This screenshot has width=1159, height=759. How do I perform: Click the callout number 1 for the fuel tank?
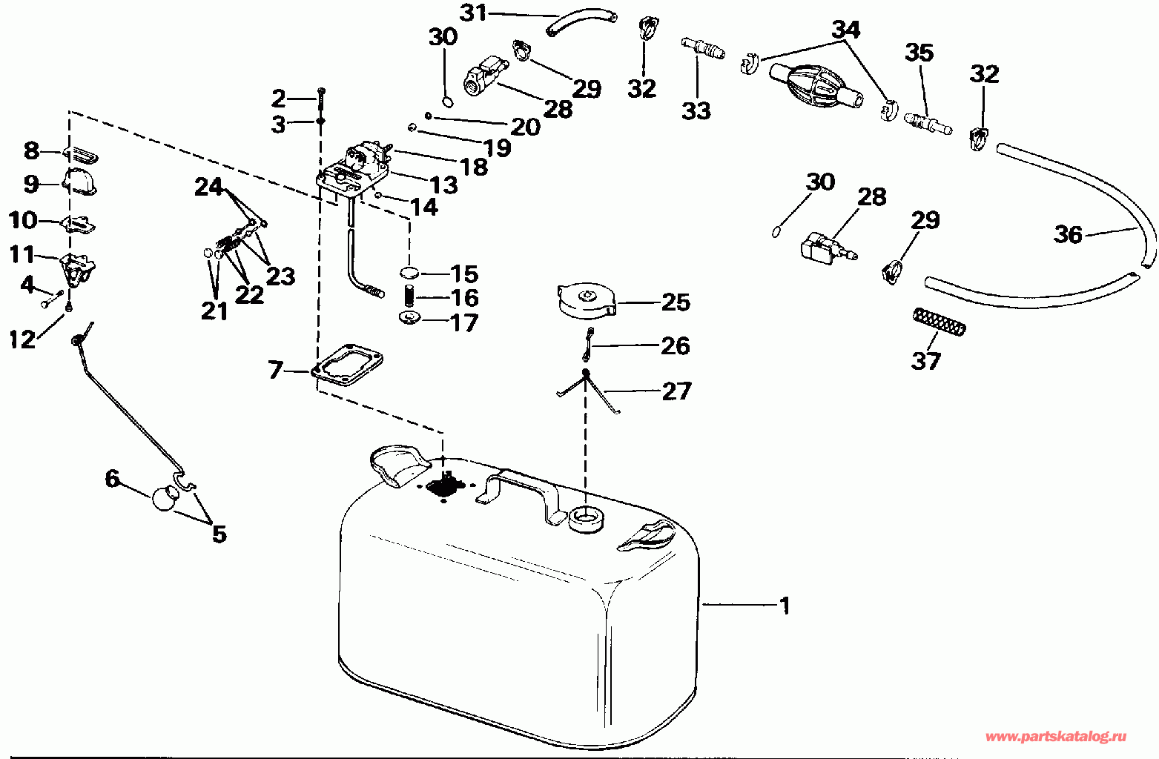coord(784,606)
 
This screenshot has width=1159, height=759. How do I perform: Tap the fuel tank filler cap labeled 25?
coord(585,301)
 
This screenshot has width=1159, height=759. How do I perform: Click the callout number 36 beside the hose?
coord(1069,234)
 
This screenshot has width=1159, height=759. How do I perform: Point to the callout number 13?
coord(444,185)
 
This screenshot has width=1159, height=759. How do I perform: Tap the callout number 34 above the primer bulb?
coord(845,30)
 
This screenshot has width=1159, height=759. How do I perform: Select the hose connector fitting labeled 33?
coord(702,50)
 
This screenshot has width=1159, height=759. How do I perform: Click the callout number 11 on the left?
coord(22,254)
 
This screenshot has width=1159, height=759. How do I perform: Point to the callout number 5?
coord(219,533)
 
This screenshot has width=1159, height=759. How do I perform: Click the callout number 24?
coord(208,186)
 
